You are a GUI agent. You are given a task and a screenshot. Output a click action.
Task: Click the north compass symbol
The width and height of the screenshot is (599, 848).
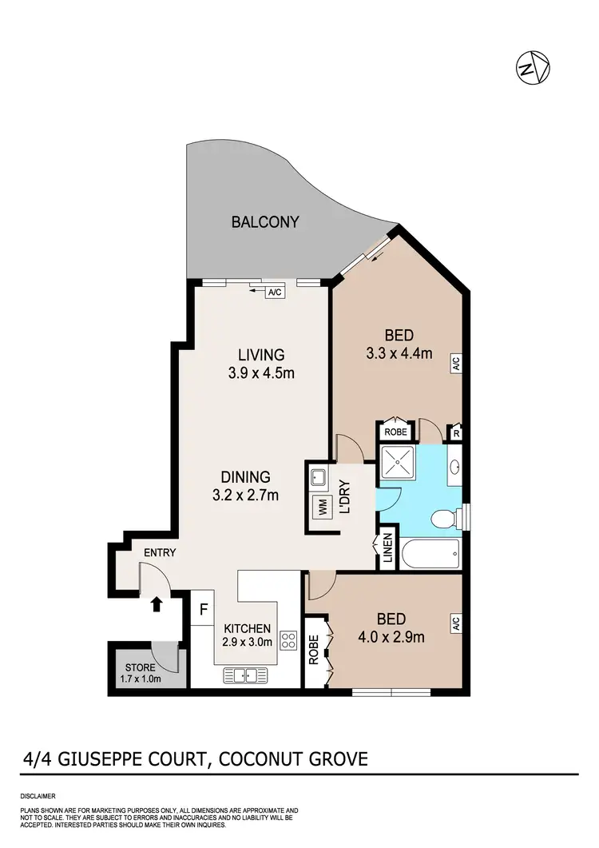click(532, 67)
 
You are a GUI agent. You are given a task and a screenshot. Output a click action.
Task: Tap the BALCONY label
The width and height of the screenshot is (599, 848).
click(265, 221)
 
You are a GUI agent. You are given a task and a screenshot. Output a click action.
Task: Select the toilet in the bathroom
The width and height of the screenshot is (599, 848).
click(442, 520)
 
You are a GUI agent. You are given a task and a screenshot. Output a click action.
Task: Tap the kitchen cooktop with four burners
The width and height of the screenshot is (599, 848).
click(288, 640)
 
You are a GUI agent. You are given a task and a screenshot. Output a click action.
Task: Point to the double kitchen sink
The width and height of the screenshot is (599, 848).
click(248, 675)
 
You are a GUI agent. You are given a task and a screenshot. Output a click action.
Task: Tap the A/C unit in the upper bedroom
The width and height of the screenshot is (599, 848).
click(456, 364)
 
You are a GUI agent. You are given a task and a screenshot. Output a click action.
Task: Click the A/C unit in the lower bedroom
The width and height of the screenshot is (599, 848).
click(456, 622)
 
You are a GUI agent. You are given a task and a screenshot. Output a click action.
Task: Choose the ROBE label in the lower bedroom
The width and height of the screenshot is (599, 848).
click(314, 651)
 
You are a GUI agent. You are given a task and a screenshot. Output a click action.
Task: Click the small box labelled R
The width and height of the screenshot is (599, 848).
click(455, 432)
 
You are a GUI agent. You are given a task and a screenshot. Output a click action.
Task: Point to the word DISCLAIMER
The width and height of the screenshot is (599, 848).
click(37, 797)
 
